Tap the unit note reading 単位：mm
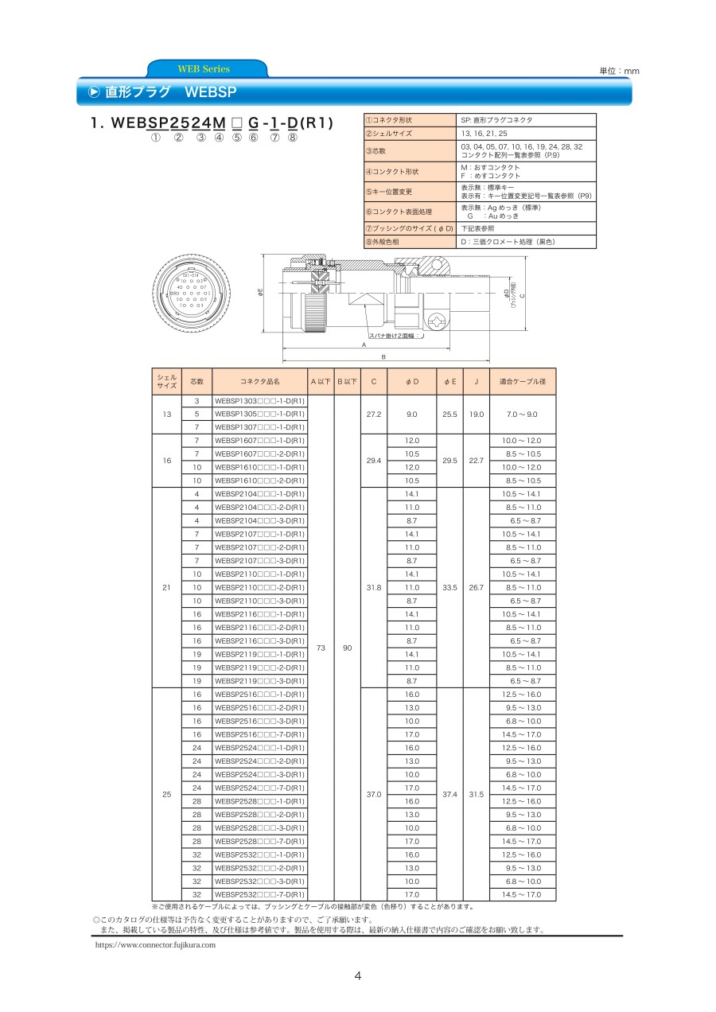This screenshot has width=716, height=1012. point(619,72)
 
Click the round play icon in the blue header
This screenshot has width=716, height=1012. point(93,92)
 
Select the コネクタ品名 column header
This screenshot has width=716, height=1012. point(259,382)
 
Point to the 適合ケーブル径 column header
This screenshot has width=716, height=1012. point(522,382)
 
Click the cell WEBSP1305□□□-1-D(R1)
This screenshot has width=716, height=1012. point(259,414)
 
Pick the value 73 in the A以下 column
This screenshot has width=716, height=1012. point(321,648)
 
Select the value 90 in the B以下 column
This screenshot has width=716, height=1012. point(347,648)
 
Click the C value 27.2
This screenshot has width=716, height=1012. point(373,414)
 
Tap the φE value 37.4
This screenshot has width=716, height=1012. point(450,794)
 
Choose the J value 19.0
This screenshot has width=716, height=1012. point(476,414)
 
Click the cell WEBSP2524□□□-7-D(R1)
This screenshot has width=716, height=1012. point(259,788)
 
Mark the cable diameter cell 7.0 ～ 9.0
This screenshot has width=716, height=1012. point(522,414)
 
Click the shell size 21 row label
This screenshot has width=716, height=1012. point(166,588)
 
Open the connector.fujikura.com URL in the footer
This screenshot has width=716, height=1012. point(155,944)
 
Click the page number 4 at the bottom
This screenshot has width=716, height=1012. point(358,976)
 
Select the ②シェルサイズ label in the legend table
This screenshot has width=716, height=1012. point(390,134)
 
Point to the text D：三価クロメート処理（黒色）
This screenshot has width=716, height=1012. point(508,241)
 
